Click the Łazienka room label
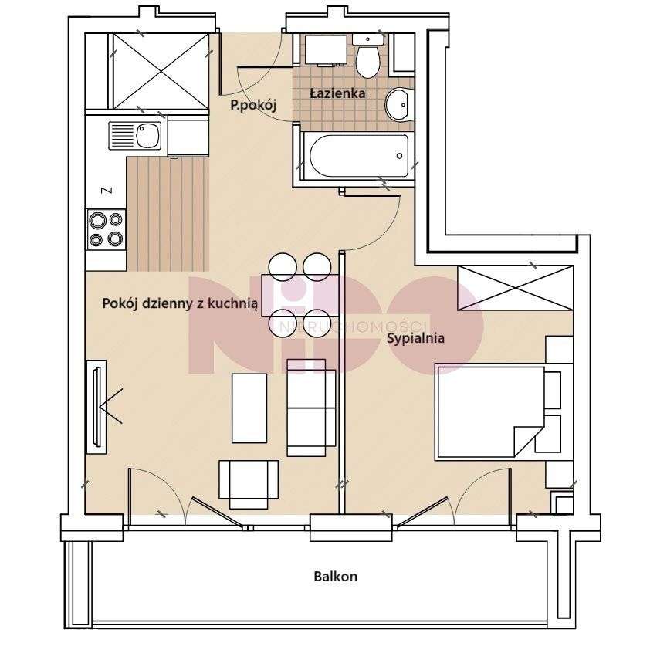(337, 93)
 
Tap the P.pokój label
(253, 105)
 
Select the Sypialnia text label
(415, 339)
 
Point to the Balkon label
(336, 577)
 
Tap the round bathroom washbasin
(399, 104)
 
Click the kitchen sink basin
(148, 136)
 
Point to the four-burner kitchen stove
(107, 229)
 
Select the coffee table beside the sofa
(249, 408)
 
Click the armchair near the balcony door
(249, 484)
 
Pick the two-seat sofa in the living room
(312, 408)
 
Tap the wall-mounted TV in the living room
(96, 407)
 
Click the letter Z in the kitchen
(108, 190)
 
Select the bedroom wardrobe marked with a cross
(515, 288)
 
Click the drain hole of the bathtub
(399, 156)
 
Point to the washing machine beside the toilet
(327, 49)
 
